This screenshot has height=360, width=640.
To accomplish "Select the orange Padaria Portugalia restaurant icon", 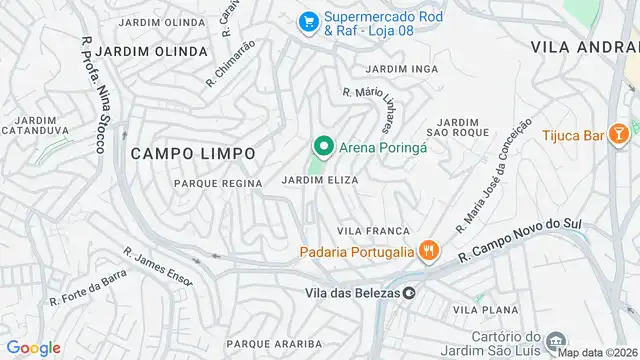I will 429,251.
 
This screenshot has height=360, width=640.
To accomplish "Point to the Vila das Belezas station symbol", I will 409,293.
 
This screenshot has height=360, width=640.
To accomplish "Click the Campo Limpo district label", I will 192,153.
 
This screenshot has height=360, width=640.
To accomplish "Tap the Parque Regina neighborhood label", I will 218,183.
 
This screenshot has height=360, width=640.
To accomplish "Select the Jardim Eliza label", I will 320,180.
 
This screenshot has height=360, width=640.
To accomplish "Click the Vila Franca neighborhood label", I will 374,231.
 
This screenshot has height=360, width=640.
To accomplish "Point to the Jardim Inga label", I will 402,68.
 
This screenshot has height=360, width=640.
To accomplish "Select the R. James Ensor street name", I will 158,267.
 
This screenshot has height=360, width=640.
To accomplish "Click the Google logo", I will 33,347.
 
